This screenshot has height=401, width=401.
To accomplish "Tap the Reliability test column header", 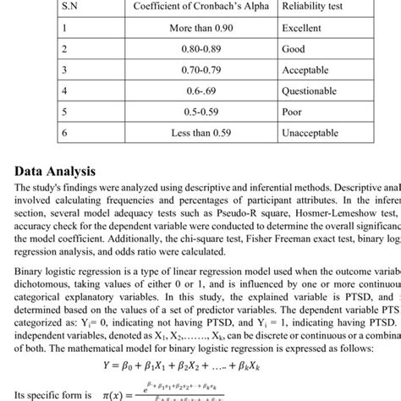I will [319, 6].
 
